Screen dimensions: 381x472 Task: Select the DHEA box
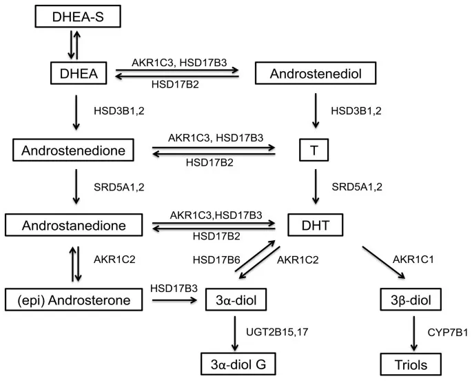(77, 72)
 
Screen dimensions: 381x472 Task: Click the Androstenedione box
(77, 148)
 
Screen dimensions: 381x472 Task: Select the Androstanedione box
(77, 224)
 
